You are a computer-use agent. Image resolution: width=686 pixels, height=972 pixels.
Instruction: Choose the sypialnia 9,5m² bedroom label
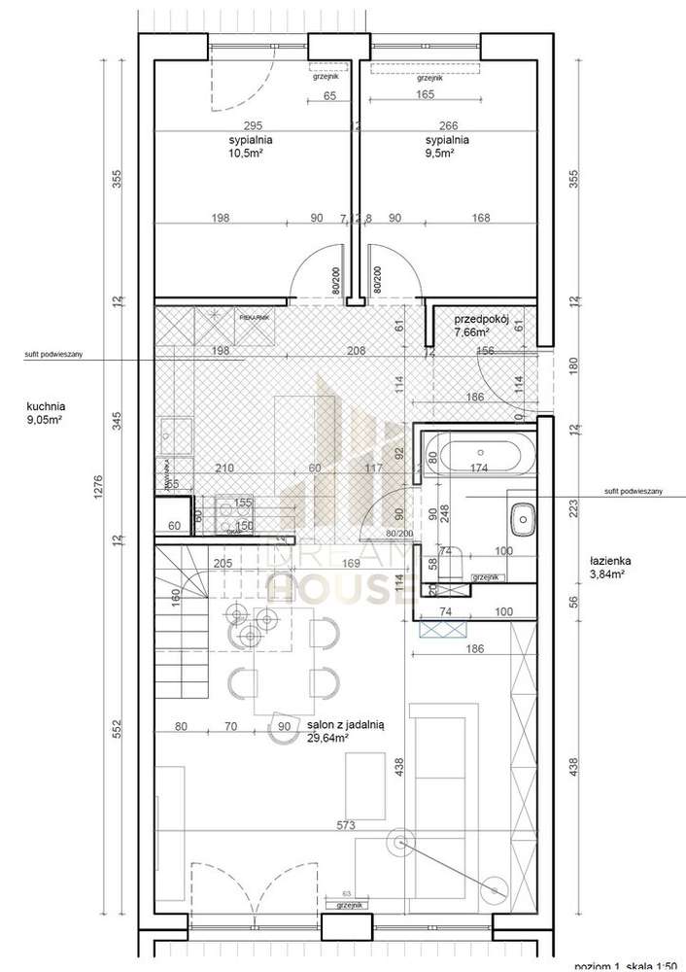tap(447, 146)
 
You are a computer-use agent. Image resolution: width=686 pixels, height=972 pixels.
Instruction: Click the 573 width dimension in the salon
tap(346, 825)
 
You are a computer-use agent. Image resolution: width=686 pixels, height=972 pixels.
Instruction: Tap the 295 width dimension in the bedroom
tap(253, 123)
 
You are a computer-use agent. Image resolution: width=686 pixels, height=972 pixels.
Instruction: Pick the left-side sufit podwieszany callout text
tap(52, 356)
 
